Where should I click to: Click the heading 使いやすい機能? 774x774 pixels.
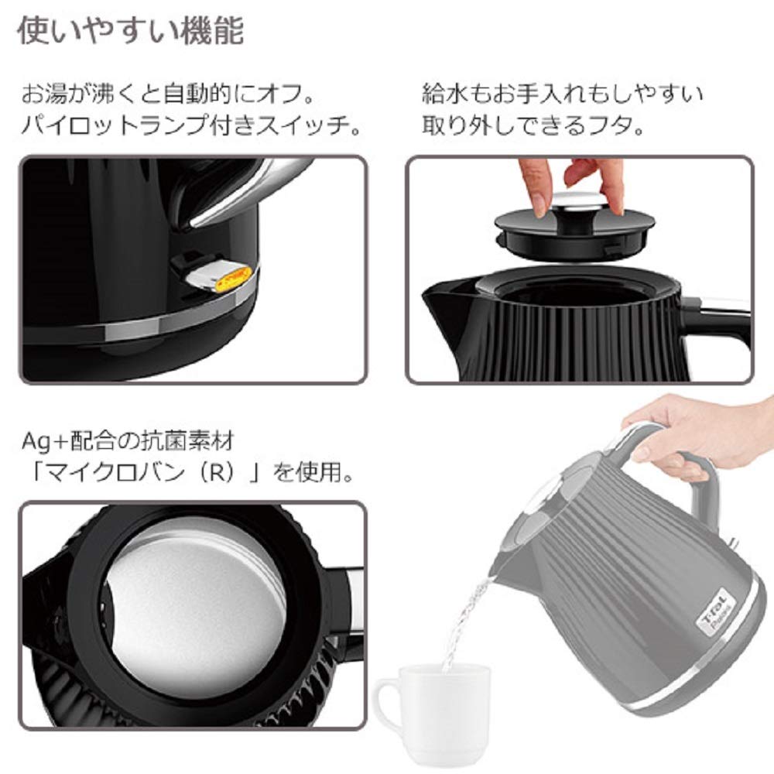130,31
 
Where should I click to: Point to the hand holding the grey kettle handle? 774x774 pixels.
697,433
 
